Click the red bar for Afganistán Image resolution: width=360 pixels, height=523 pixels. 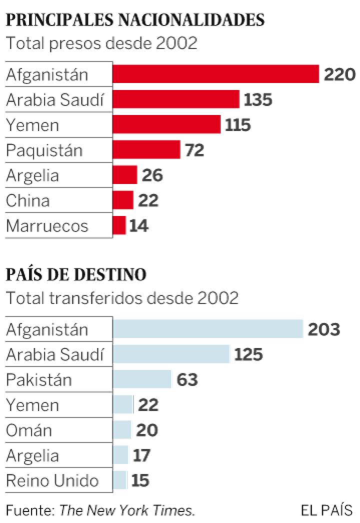pos(215,74)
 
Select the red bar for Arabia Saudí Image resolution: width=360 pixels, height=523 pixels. pos(176,99)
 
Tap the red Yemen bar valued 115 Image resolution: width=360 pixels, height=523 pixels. pos(166,124)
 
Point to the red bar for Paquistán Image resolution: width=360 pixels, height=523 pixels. pos(146,149)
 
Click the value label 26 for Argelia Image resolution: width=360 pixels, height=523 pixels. pos(152,175)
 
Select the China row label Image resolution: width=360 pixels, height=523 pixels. pos(28,201)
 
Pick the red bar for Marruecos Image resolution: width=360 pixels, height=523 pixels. pos(119,225)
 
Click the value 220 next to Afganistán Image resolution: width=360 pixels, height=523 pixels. pos(339,74)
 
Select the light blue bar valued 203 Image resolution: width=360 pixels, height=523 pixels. pos(208,329)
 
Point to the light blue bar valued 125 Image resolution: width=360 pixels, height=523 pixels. pos(171,354)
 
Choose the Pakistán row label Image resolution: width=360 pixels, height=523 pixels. pos(39,380)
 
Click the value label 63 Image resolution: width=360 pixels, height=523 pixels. pos(187,380)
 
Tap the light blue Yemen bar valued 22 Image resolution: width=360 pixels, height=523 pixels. pos(123,405)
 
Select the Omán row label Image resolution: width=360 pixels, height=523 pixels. pos(29,430)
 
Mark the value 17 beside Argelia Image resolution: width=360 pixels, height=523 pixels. pos(141,455)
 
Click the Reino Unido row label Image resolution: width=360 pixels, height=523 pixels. pos(52,481)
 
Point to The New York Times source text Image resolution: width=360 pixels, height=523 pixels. pos(127,510)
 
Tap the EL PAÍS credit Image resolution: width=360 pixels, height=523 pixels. pos(327,510)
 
